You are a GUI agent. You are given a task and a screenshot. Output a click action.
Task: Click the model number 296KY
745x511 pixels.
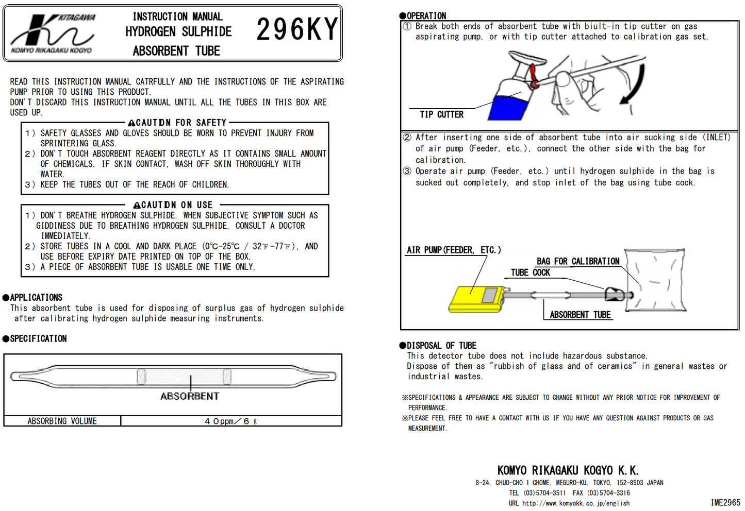pos(297,30)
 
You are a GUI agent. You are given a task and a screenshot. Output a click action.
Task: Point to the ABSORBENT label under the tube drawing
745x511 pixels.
pos(189,396)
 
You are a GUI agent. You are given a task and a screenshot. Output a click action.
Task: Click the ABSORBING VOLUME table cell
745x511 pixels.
pos(62,421)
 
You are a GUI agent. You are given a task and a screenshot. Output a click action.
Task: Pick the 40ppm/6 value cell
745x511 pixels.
pos(230,421)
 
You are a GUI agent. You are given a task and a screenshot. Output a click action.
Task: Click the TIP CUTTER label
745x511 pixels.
pos(441,114)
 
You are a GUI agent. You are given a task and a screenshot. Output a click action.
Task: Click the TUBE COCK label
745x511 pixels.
pos(530,272)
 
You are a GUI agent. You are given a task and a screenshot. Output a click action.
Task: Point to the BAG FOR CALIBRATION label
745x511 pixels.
pos(578,261)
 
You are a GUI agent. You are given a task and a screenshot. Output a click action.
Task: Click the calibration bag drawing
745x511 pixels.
pos(656,280)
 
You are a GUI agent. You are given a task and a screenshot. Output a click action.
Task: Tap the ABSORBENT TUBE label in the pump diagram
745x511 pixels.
pos(580,315)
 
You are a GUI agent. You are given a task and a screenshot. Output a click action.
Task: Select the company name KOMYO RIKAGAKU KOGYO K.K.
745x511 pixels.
pos(568,470)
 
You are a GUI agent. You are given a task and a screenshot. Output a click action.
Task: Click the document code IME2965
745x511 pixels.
pos(725,503)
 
